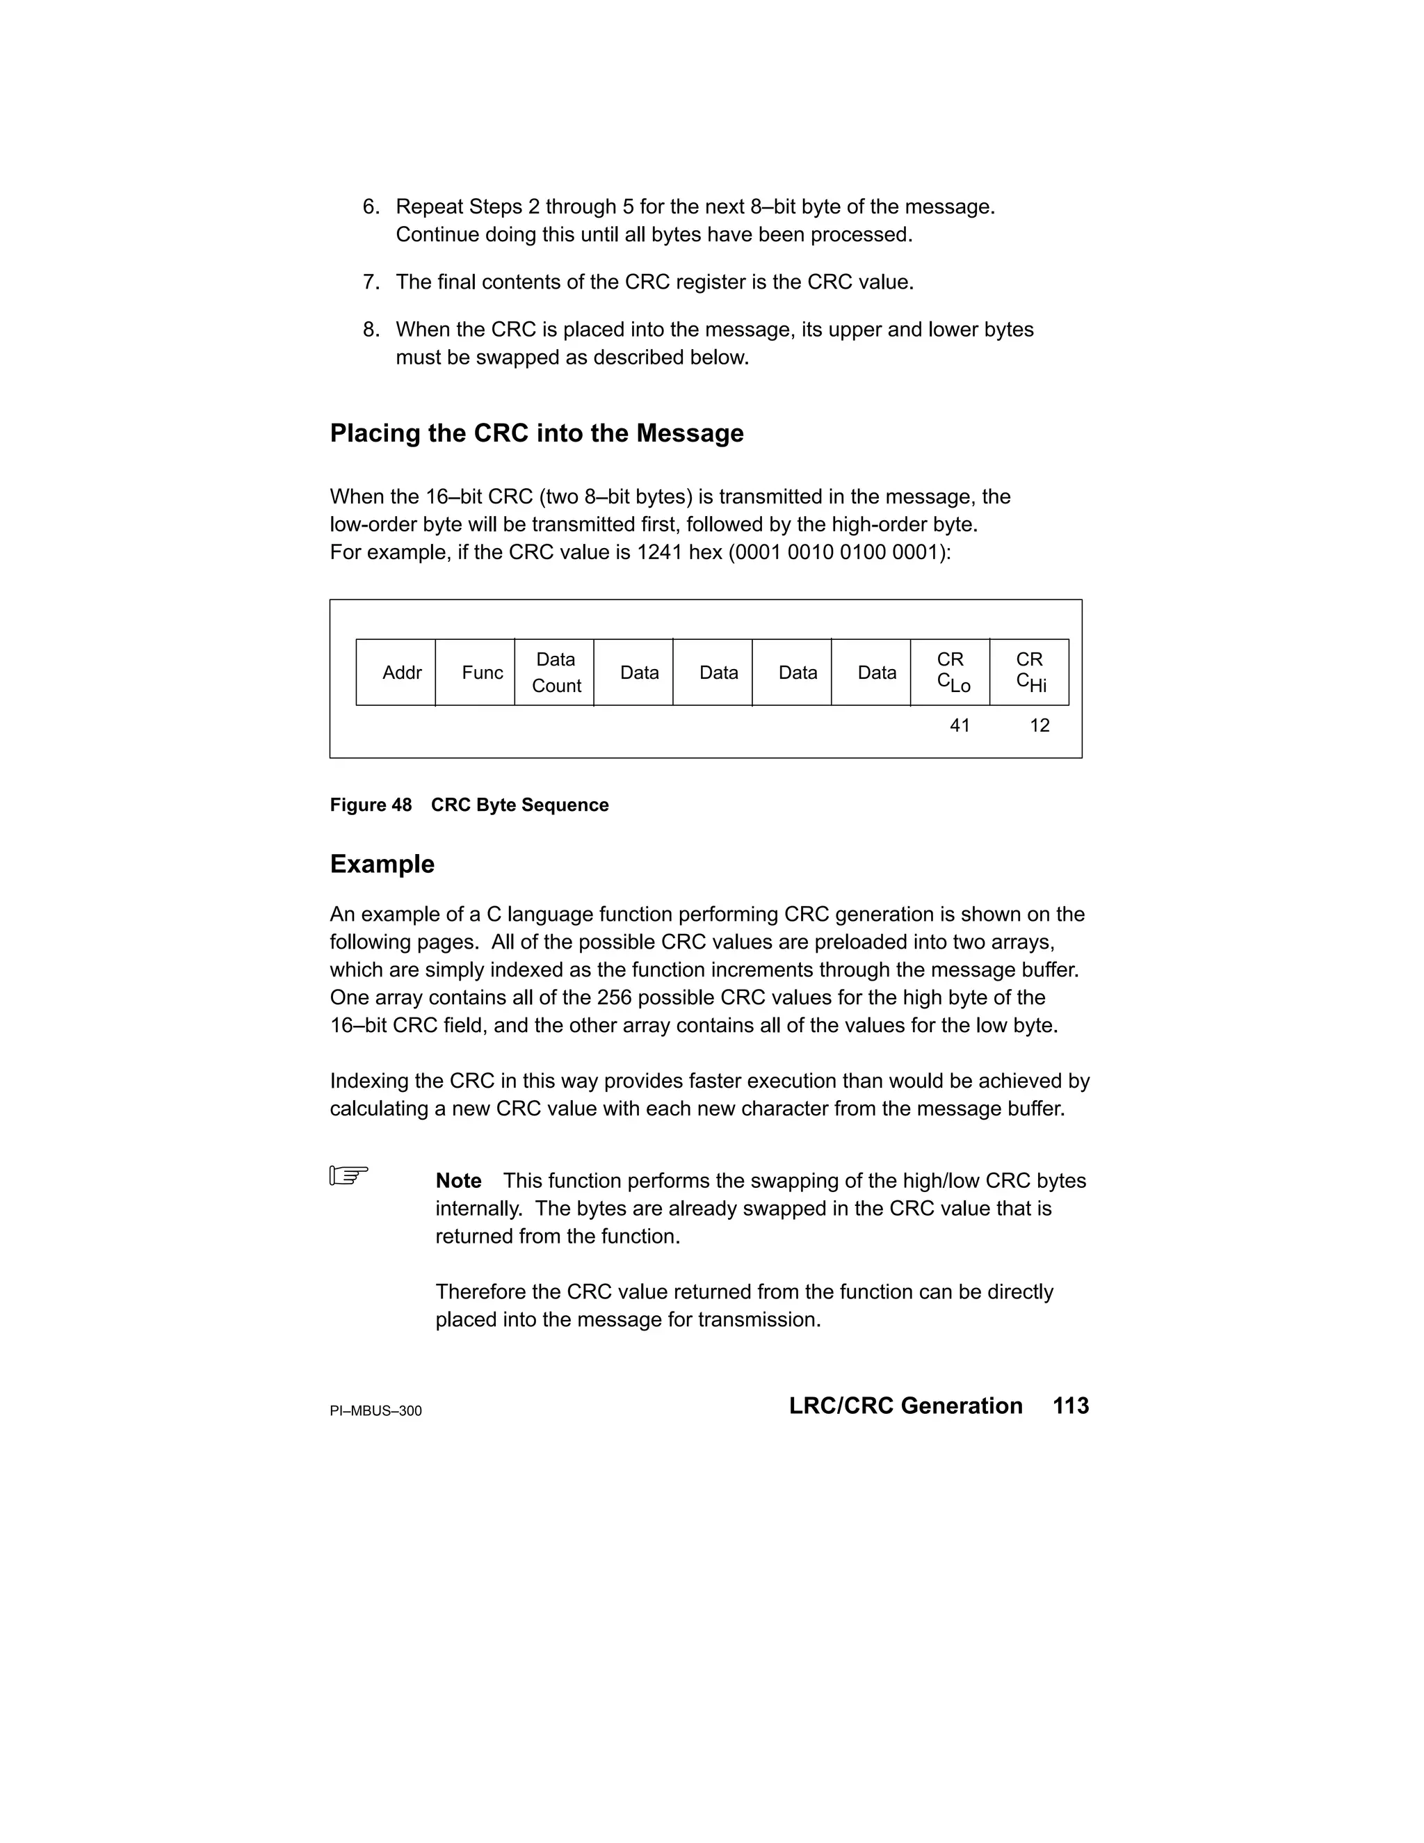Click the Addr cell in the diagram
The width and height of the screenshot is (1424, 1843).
point(396,673)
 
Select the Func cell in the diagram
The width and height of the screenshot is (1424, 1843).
point(476,673)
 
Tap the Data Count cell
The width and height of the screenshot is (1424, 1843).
point(555,673)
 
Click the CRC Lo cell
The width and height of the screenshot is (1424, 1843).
point(950,673)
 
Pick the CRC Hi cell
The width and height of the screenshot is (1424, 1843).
point(1030,673)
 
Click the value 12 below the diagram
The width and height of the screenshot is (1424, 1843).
point(1039,725)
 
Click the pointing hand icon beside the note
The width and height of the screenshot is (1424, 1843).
point(348,1175)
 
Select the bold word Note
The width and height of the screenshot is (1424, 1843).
point(458,1181)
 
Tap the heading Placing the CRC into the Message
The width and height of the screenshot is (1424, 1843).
point(537,434)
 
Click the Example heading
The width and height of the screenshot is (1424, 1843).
point(382,864)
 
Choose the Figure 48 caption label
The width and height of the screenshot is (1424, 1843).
point(371,805)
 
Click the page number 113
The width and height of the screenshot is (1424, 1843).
point(1071,1406)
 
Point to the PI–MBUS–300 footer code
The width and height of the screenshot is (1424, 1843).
point(375,1411)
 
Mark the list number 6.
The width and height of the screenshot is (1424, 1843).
point(371,207)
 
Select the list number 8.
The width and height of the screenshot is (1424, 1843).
point(371,329)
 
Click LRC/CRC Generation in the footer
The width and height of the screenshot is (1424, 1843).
point(905,1406)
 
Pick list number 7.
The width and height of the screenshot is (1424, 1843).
point(371,282)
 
